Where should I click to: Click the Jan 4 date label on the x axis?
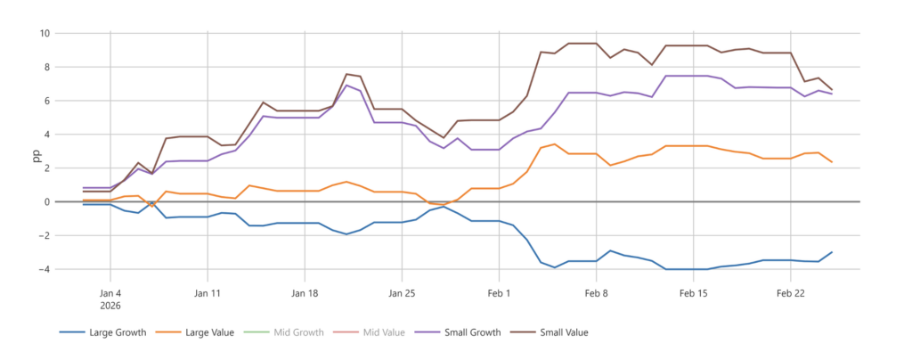110,292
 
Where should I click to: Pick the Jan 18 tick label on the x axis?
305,292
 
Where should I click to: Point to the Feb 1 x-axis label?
500,292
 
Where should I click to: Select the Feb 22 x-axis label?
792,292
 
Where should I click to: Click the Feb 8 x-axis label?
597,292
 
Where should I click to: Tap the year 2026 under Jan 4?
110,305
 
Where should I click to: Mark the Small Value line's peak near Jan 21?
346,74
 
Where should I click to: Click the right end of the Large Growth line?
832,252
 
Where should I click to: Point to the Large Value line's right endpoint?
832,162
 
